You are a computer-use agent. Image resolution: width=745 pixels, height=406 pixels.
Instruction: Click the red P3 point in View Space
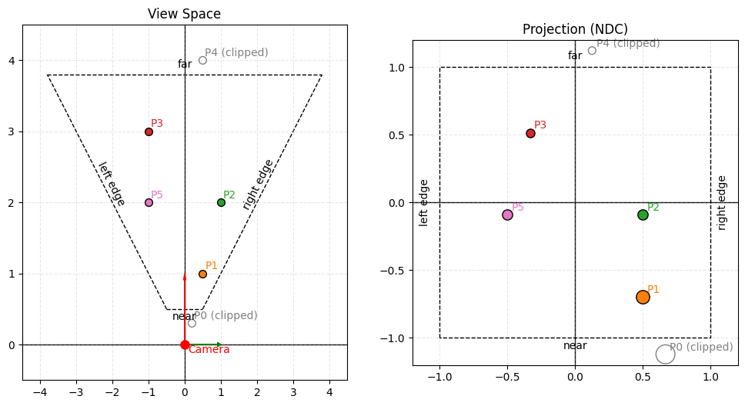coord(149,131)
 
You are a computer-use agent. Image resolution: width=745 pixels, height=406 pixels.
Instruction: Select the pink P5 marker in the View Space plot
coord(149,202)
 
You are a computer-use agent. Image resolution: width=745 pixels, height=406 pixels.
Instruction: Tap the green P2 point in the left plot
coord(221,202)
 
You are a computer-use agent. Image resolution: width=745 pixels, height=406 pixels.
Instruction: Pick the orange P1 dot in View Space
coord(202,274)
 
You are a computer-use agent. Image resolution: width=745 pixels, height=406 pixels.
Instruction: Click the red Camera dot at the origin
coord(185,344)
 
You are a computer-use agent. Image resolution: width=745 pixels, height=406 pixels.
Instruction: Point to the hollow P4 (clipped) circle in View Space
coord(202,60)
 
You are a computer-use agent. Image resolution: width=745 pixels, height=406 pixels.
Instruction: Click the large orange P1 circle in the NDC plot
coord(643,297)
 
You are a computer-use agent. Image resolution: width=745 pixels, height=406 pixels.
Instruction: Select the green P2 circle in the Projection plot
coord(643,215)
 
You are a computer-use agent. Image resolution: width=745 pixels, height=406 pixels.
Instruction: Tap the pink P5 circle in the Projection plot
coord(507,215)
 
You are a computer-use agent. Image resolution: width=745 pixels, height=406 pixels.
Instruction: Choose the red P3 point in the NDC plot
coord(530,133)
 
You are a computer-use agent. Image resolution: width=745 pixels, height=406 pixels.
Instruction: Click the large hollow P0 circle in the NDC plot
coord(666,354)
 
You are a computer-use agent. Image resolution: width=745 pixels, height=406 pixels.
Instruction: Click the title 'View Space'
coord(184,14)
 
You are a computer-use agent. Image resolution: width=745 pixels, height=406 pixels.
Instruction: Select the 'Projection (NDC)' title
coord(575,29)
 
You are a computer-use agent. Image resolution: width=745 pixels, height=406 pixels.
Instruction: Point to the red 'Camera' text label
coord(209,350)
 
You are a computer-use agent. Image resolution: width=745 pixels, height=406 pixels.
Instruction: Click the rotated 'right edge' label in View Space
coord(258,185)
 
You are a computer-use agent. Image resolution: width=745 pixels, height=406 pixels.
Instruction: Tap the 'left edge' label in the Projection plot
coord(424,202)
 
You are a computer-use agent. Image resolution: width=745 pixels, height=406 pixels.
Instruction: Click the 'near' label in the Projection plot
coord(575,346)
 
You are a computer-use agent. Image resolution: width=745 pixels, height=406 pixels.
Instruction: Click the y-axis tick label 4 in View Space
coord(12,61)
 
